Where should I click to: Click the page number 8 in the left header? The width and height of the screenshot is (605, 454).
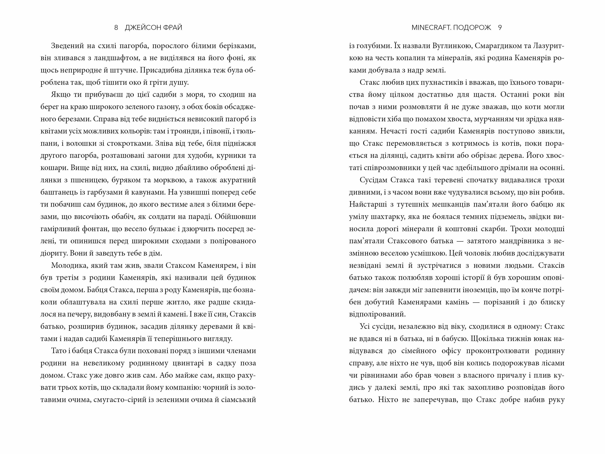pyautogui.click(x=116, y=28)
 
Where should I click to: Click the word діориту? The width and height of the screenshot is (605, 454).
pyautogui.click(x=54, y=253)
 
